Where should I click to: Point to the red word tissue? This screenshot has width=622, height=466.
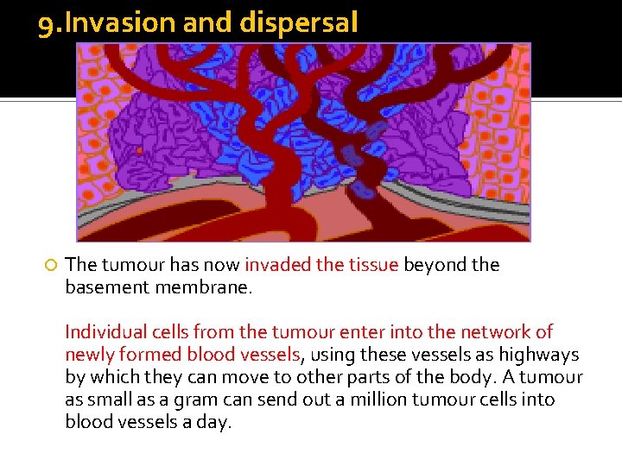(x=371, y=265)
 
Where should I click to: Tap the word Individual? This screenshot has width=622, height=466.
(x=104, y=332)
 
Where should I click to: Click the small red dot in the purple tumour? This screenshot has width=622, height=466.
(x=139, y=151)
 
